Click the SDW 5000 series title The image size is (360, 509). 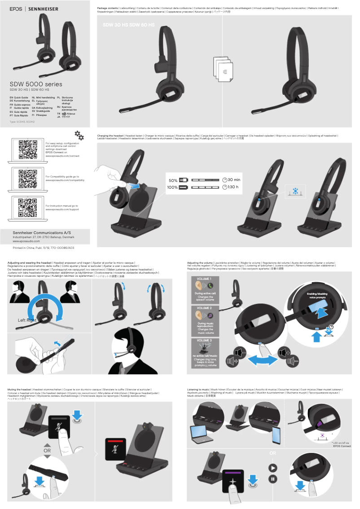(x=36, y=84)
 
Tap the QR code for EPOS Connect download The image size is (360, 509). (x=27, y=149)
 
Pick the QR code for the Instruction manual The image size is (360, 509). (x=27, y=208)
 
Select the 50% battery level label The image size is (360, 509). (x=173, y=180)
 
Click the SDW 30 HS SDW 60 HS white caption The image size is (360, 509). (x=129, y=25)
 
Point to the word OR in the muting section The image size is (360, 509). (x=47, y=450)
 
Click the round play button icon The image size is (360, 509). (x=272, y=467)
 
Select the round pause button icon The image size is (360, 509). (x=272, y=479)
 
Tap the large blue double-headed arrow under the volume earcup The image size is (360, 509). (x=262, y=359)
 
